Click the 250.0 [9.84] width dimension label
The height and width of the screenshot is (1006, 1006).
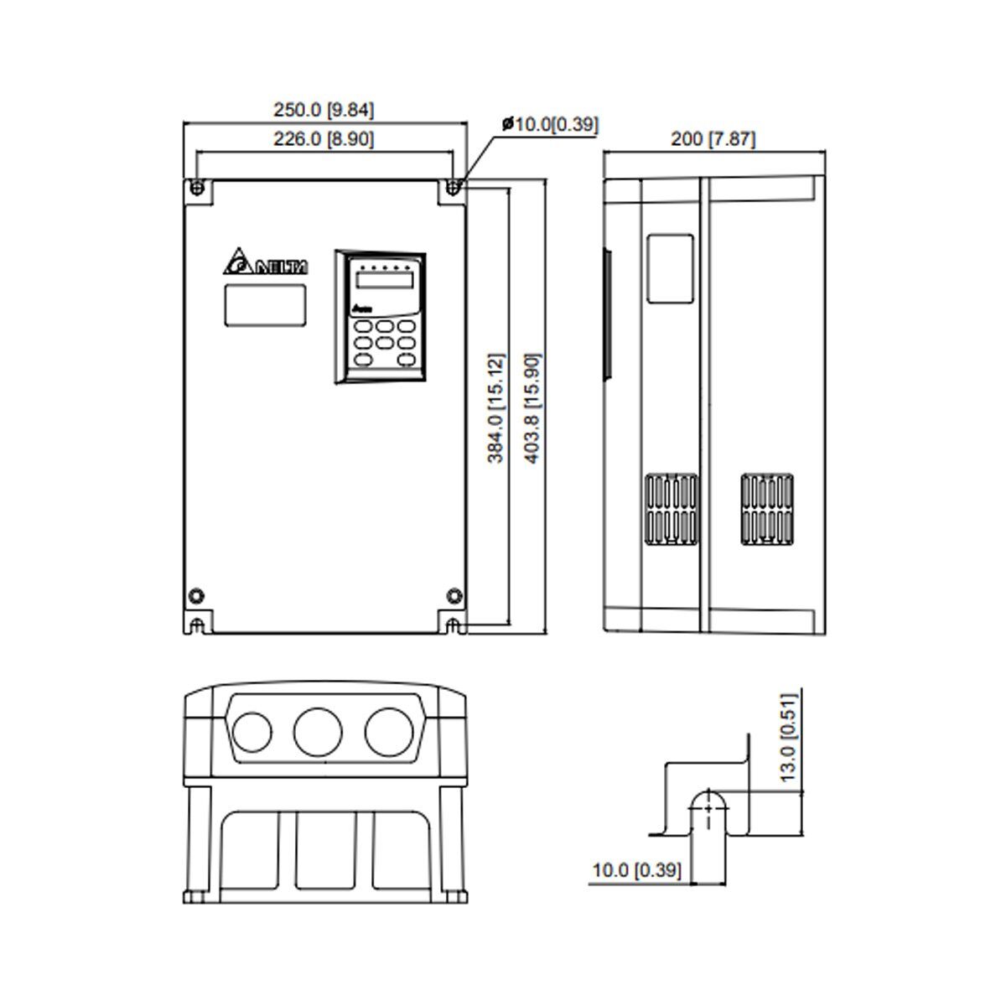324,110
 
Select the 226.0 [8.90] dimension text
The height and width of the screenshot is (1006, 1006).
324,139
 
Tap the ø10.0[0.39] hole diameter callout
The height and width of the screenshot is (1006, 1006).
550,125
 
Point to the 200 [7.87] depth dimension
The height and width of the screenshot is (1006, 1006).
713,139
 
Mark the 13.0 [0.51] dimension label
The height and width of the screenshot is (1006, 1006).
787,738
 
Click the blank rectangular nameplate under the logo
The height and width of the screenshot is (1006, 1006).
264,304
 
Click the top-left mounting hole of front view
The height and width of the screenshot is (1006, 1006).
196,187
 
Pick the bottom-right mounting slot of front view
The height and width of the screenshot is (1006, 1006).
453,625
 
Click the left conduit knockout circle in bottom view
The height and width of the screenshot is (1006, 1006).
251,729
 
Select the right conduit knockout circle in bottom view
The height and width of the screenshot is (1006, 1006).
388,729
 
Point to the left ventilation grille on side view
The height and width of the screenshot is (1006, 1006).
671,509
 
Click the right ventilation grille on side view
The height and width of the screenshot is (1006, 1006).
766,508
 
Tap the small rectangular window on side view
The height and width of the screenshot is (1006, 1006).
670,267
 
